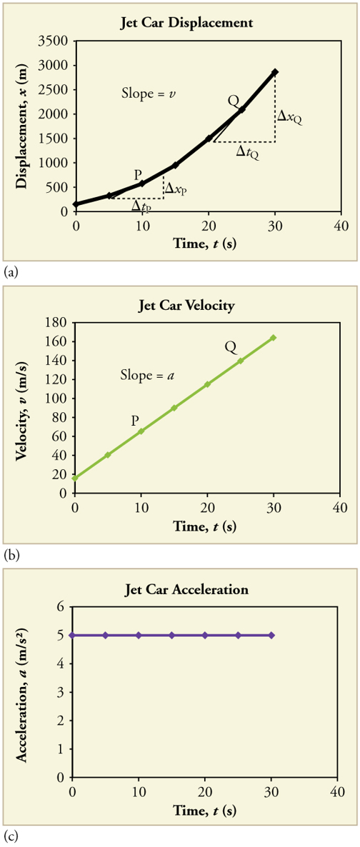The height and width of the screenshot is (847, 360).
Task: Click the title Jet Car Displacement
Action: tap(186, 23)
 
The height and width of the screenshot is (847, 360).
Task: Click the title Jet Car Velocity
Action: tap(186, 306)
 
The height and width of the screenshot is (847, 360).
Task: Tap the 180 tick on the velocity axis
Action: tap(59, 322)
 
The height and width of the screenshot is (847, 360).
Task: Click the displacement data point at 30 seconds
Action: tap(275, 72)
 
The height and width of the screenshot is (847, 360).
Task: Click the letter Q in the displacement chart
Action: tap(233, 101)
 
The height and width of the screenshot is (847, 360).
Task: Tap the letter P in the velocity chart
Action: tap(135, 421)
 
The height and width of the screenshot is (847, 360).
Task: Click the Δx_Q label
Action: tap(289, 116)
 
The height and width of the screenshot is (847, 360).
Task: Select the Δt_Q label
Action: tap(247, 151)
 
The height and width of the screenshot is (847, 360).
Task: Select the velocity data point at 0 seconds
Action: tap(75, 478)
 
